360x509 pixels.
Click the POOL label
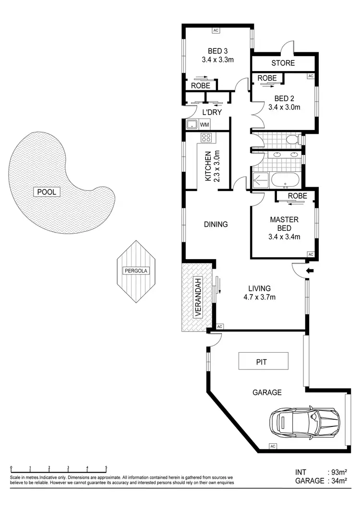point(48,192)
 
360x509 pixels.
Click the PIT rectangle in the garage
point(264,361)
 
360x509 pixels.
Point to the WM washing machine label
point(204,125)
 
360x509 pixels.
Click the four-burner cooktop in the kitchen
point(207,138)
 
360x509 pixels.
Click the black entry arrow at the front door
point(310,271)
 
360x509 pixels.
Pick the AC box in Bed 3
point(216,30)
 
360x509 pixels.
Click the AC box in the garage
point(272,446)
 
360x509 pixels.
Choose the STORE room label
point(283,63)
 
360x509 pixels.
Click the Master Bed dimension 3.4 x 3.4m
point(284,237)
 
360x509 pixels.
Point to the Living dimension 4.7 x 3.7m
point(259,297)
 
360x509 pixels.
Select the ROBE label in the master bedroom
point(297,196)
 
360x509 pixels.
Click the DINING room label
point(216,224)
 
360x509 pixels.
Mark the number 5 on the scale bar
point(106,467)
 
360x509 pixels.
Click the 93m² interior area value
point(338,472)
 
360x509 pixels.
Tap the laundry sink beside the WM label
point(192,125)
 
